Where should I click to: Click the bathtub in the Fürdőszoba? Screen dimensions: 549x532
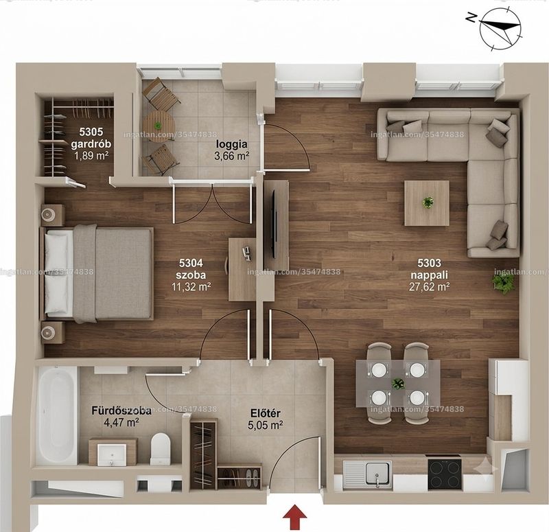56,415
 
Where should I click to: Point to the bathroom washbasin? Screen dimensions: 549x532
112,454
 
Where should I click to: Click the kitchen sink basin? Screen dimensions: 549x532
377,474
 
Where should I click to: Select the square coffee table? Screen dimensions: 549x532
427,203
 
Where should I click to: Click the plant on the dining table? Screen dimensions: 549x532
398,384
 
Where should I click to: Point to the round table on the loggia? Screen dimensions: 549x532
159,126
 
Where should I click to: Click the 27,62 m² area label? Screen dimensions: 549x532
430,287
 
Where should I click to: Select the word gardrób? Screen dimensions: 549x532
91,144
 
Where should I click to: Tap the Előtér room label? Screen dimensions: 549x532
265,413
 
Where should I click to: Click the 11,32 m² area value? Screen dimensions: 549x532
191,287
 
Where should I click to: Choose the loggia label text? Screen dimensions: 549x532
232,144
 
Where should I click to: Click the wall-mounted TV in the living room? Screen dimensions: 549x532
274,219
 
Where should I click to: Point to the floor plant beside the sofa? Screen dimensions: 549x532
504,282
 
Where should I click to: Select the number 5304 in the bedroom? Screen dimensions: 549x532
191,263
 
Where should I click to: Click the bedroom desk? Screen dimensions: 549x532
242,269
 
